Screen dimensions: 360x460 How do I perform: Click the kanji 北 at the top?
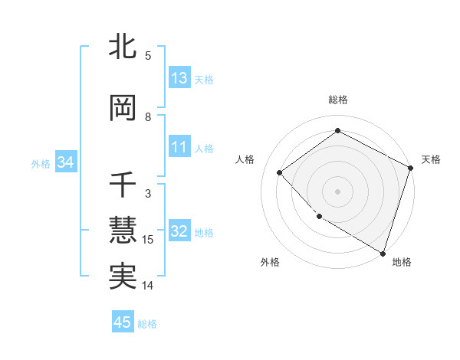[x=123, y=47]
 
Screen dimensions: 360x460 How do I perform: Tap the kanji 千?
[x=123, y=185]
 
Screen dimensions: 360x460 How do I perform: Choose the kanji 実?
[x=123, y=277]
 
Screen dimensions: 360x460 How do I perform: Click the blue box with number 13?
[x=179, y=78]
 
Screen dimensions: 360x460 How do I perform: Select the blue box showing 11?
[x=179, y=147]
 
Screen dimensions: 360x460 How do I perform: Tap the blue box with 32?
[x=179, y=231]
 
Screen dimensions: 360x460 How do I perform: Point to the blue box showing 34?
[x=65, y=162]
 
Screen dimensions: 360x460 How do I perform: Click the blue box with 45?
[x=123, y=322]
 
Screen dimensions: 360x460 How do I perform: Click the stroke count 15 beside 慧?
[x=148, y=240]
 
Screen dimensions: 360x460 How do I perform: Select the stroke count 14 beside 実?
[x=148, y=286]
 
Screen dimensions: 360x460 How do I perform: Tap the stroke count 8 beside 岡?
[x=148, y=117]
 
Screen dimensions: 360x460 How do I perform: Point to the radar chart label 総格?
[x=338, y=100]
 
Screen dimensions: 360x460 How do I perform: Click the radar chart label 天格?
[x=432, y=159]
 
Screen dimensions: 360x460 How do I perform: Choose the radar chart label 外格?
[x=270, y=262]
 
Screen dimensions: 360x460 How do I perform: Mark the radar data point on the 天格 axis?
[x=410, y=168]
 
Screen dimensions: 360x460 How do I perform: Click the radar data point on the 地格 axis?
[x=383, y=252]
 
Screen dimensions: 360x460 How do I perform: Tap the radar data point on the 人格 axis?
[x=280, y=172]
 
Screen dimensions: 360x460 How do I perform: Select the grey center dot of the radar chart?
[x=338, y=191]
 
